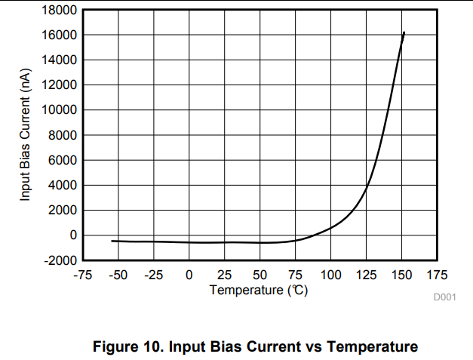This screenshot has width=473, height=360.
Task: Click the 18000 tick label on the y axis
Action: tap(57, 11)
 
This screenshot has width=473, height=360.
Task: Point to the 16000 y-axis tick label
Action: tap(57, 35)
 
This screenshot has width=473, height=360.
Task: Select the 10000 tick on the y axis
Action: tap(57, 110)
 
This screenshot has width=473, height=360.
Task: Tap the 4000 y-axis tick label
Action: tap(60, 185)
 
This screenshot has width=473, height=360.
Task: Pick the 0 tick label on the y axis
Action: tap(72, 235)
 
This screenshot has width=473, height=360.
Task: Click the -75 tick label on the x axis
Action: tap(83, 275)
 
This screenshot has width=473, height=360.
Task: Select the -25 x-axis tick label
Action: tap(154, 275)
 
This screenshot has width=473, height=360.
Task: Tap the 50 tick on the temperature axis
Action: tap(260, 275)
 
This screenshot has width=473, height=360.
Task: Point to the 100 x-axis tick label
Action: tap(330, 275)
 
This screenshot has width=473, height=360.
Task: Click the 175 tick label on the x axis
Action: tap(437, 275)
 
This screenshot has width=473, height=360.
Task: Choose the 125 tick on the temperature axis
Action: tap(366, 275)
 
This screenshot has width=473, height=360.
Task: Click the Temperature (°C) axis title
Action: tap(259, 290)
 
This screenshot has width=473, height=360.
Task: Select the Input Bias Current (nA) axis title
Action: tap(26, 135)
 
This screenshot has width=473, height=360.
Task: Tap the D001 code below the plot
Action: tap(444, 297)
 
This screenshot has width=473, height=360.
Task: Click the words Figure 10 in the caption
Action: tap(125, 347)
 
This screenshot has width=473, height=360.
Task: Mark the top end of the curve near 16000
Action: tap(404, 32)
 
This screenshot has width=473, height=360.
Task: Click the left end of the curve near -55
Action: tap(112, 241)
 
